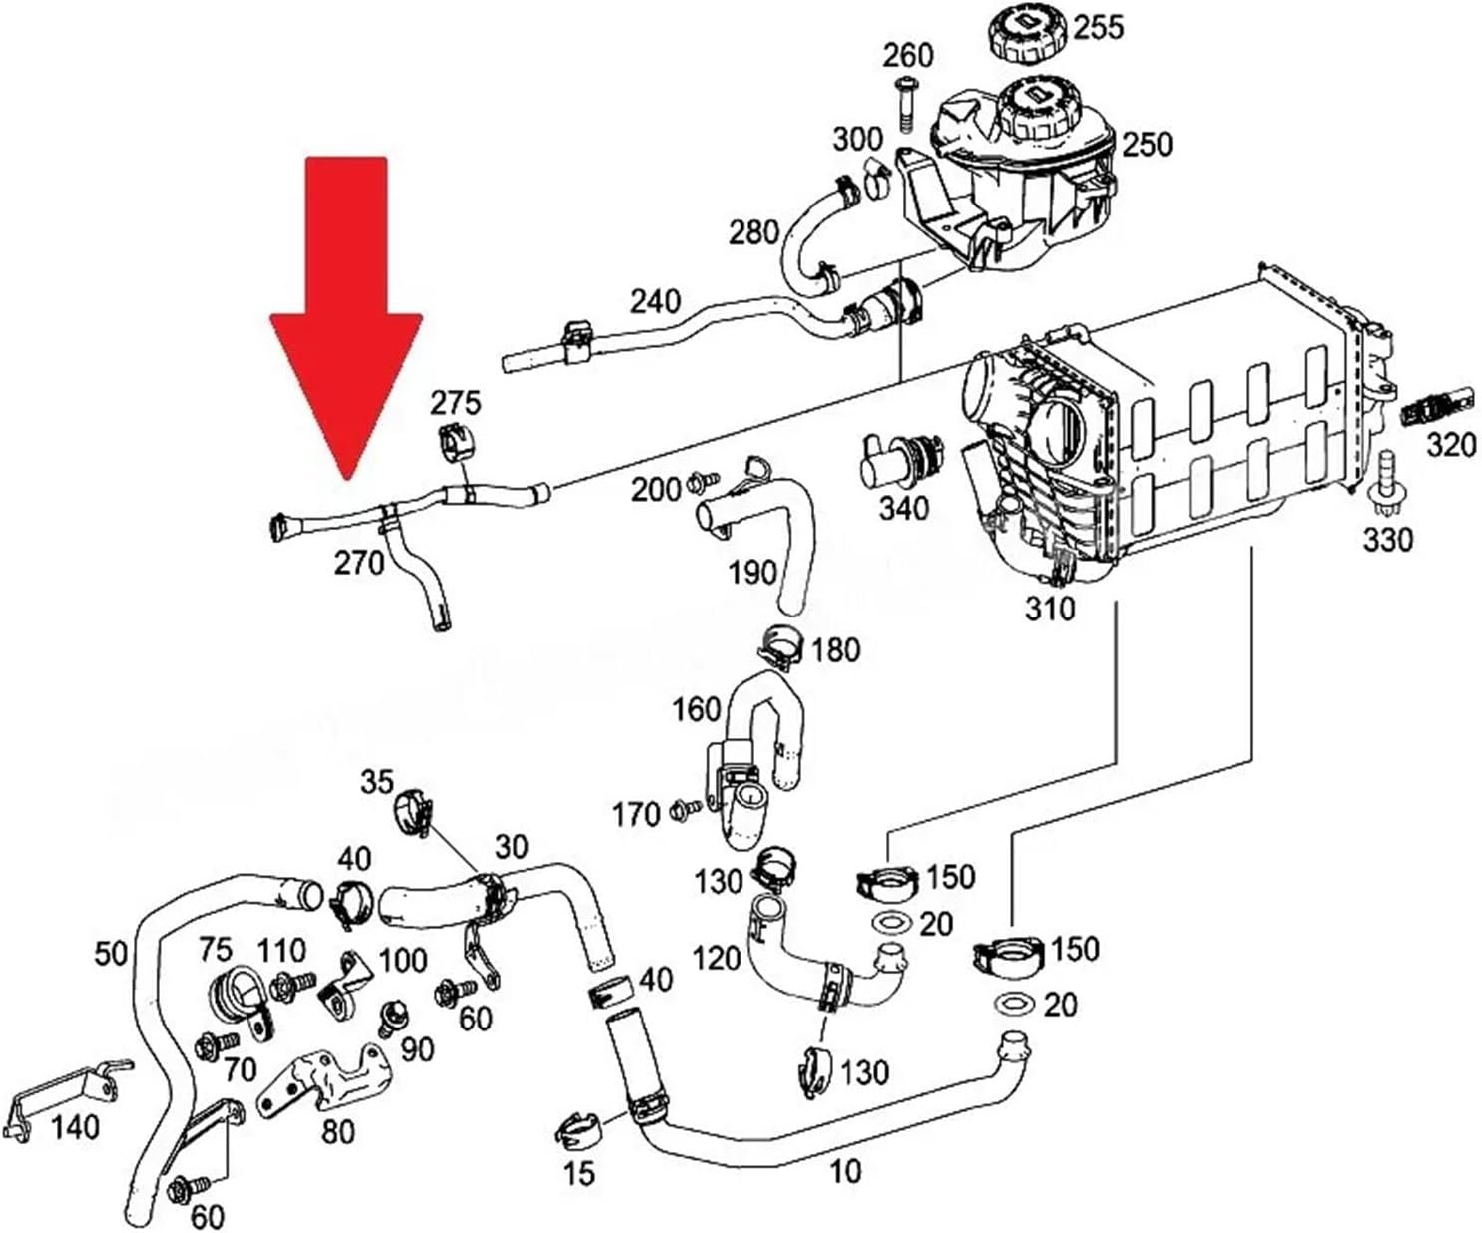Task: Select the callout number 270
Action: coord(359,563)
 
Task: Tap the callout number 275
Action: coord(455,403)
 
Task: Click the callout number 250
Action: coord(1147,144)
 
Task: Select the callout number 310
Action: coord(1051,608)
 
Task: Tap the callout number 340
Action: coord(903,508)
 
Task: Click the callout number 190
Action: coord(752,572)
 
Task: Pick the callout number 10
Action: coord(845,1171)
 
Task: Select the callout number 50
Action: coord(112,953)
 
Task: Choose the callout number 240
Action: coord(655,300)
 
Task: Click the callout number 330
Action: coord(1388,540)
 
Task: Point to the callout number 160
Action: coord(697,709)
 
